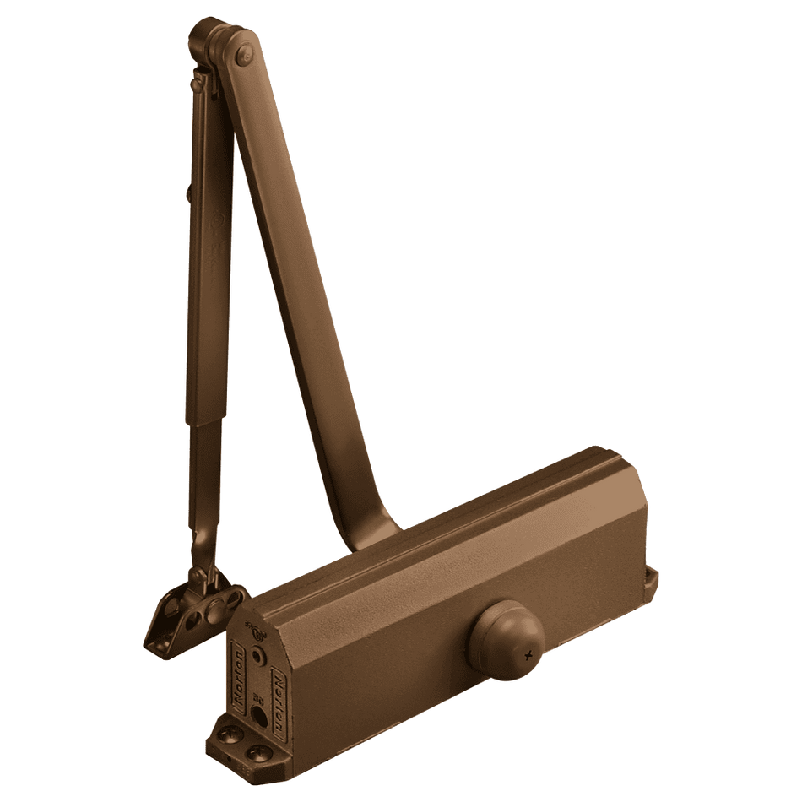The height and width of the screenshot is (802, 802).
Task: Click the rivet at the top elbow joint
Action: click(x=246, y=55)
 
